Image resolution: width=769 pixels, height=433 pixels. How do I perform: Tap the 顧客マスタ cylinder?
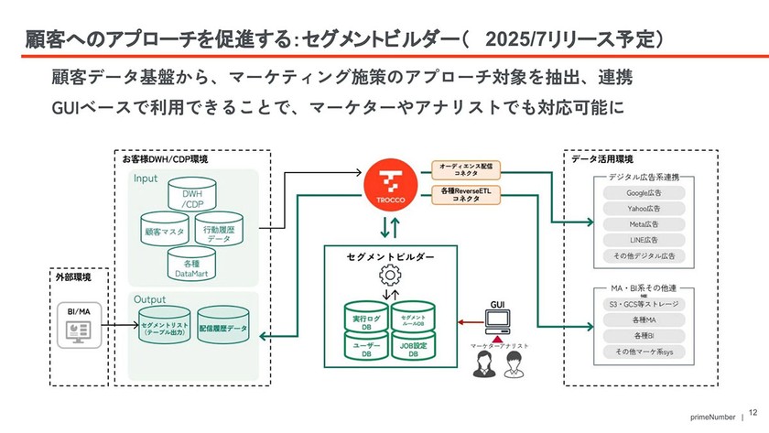pyautogui.click(x=164, y=233)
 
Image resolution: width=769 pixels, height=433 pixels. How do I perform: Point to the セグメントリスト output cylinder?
pyautogui.click(x=166, y=326)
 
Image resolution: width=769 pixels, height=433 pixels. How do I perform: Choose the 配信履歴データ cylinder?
pyautogui.click(x=223, y=326)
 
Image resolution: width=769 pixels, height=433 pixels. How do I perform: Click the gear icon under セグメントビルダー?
pyautogui.click(x=390, y=274)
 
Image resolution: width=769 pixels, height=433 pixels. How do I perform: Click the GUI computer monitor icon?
pyautogui.click(x=498, y=321)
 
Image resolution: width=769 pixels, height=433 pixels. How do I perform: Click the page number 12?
pyautogui.click(x=753, y=414)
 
